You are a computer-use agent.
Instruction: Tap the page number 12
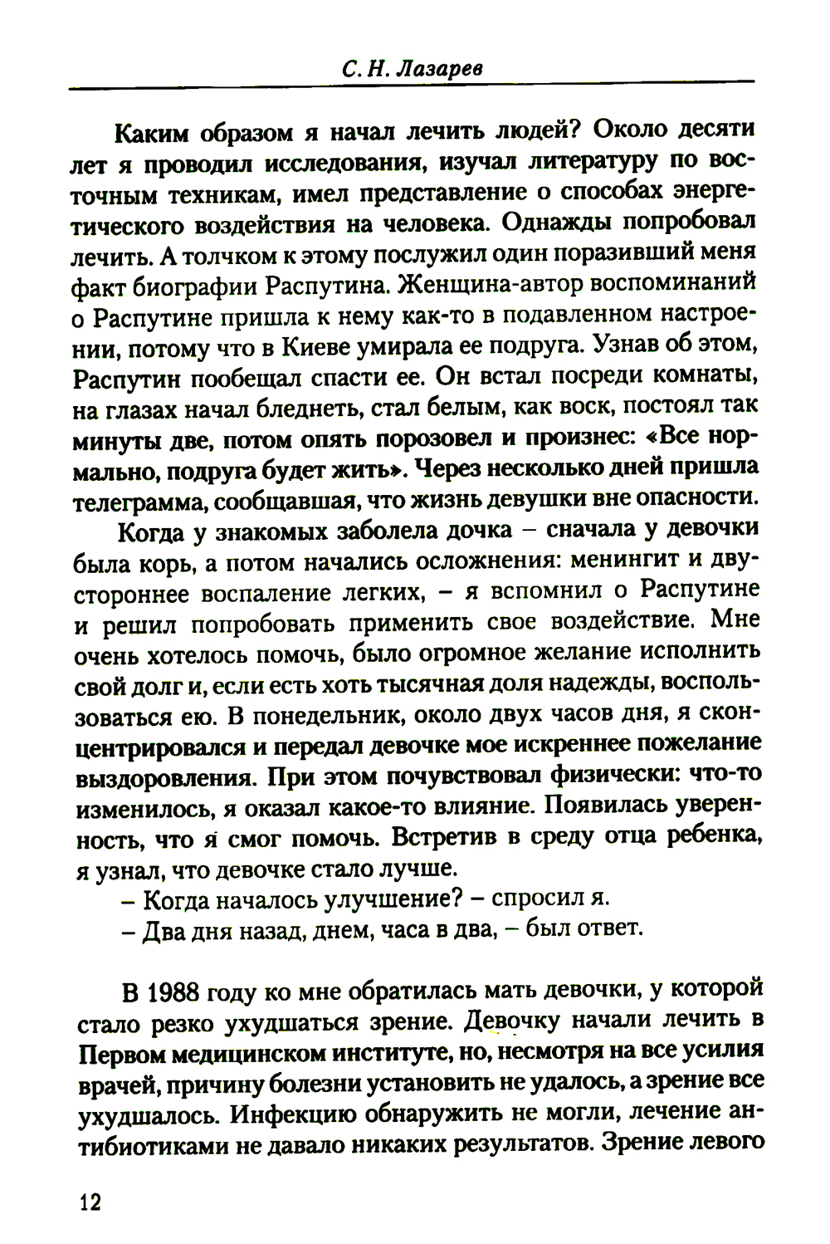click(89, 1202)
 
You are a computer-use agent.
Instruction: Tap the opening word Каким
click(152, 131)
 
